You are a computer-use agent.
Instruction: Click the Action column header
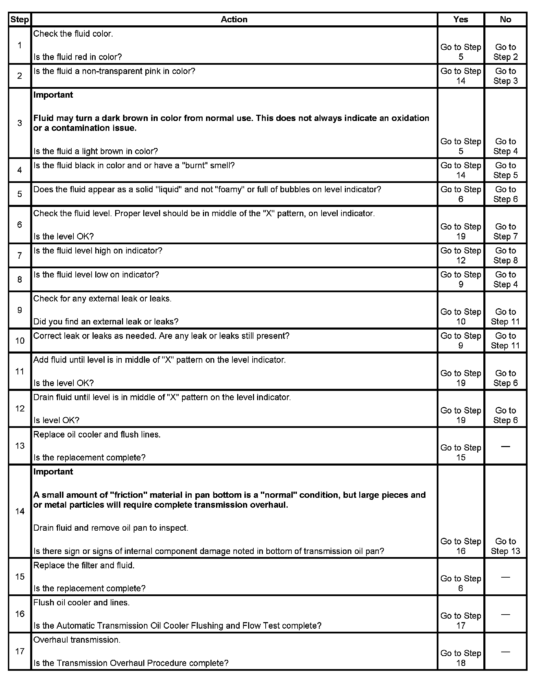coord(234,20)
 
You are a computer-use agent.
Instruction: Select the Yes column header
coord(460,20)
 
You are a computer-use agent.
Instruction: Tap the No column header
coord(505,20)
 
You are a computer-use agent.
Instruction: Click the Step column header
coord(20,20)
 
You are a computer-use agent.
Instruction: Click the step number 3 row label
coord(20,123)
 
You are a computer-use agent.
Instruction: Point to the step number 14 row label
coord(20,511)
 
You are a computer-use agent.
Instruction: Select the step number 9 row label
coord(20,310)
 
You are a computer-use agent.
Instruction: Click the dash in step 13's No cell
coord(505,446)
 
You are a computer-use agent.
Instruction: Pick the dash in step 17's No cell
coord(505,652)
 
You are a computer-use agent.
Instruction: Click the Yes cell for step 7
coord(460,256)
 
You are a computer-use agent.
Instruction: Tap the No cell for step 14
coord(505,546)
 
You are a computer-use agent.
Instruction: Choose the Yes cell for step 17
coord(460,658)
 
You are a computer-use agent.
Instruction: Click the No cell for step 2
coord(505,76)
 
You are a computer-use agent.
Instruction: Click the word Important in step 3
coord(53,95)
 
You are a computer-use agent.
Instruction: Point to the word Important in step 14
coord(53,472)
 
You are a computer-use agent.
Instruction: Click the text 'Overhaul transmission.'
coord(77,640)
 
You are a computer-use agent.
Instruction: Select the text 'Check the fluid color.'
coord(73,34)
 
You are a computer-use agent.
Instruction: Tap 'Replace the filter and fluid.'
coord(84,565)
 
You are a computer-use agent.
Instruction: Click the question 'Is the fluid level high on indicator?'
coord(98,251)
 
